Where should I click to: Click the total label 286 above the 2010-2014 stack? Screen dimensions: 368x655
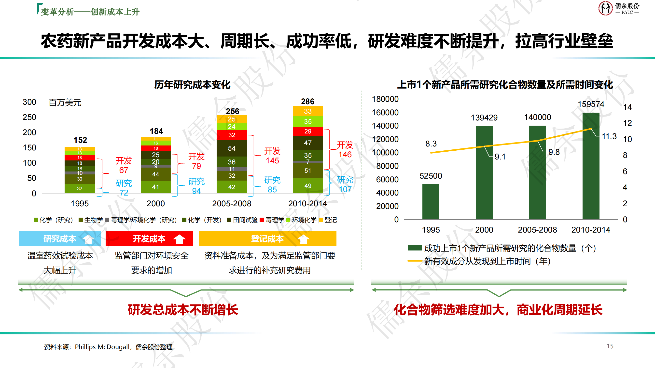(308, 102)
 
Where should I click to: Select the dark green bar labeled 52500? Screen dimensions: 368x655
(431, 202)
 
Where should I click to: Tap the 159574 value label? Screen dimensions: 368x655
(591, 104)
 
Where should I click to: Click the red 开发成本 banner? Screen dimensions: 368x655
(149, 238)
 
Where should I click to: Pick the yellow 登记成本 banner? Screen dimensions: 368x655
(267, 238)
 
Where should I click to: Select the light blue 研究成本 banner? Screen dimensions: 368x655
(60, 238)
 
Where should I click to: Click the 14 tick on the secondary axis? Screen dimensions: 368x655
(627, 107)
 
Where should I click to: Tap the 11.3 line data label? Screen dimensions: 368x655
(609, 136)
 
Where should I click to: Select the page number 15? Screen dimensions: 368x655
(610, 346)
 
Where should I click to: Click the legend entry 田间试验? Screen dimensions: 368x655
(243, 220)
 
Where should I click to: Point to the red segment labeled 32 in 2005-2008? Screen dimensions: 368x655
(232, 135)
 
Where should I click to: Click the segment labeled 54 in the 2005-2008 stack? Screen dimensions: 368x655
(232, 148)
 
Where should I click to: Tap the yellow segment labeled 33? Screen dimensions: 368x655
(308, 111)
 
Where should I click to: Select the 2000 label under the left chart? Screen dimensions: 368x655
(156, 204)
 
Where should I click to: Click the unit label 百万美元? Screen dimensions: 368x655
(65, 103)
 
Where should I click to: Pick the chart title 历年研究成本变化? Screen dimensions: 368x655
(192, 85)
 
